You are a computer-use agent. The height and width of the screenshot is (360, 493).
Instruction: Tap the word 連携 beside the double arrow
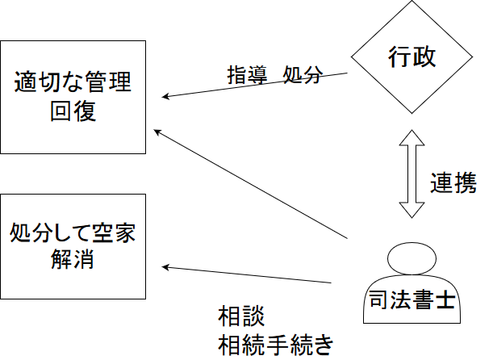453,182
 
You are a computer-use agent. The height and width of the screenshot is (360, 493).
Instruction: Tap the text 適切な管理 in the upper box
73,82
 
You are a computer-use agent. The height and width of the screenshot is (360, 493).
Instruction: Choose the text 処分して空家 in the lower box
73,235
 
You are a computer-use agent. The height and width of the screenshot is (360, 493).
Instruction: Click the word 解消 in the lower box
73,262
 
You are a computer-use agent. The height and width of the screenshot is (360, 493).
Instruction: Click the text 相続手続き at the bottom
275,344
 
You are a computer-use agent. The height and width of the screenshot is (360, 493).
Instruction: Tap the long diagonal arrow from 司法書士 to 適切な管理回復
250,183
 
